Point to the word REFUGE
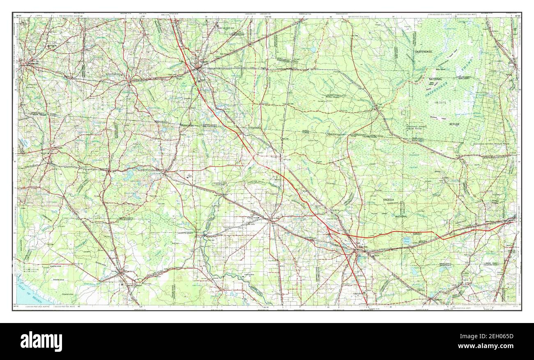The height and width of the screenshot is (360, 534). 454,124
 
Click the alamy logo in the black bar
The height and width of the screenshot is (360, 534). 41,341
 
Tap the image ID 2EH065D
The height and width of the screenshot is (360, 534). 491,336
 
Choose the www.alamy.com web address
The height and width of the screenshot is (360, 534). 491,346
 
